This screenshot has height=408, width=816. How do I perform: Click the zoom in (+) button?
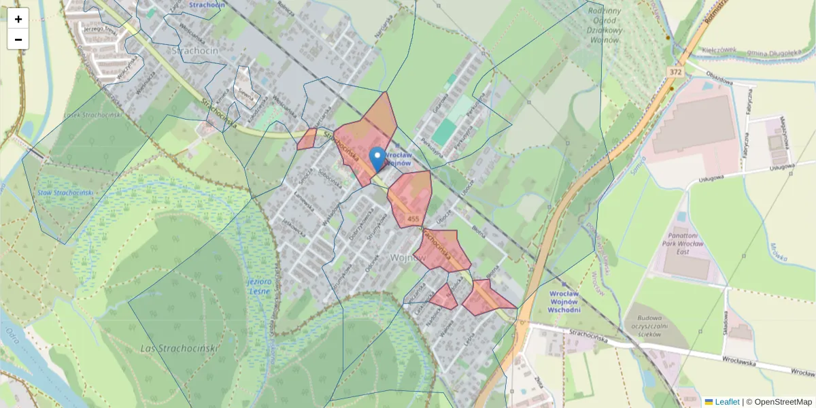click(18, 19)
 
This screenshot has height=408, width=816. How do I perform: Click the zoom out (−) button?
click(18, 39)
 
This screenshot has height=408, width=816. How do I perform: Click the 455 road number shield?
click(413, 219)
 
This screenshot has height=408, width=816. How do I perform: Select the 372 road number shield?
click(675, 72)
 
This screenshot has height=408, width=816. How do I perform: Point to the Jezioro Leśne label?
click(258, 286)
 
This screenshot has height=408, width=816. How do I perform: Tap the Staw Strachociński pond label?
click(65, 193)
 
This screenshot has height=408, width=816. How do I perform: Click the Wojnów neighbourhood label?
click(407, 258)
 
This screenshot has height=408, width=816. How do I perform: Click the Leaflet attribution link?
click(727, 402)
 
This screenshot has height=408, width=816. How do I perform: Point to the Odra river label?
click(13, 337)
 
